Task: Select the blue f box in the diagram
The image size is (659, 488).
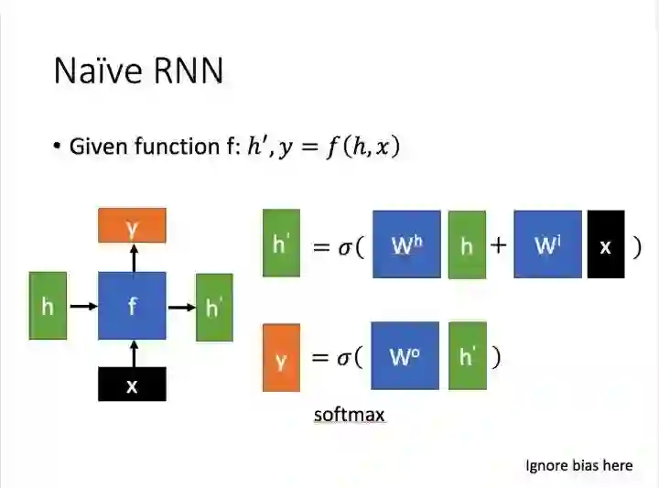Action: coord(132,306)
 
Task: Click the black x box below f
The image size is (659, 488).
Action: coord(132,385)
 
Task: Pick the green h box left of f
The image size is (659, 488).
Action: coord(48,306)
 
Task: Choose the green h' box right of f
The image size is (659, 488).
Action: coord(214,306)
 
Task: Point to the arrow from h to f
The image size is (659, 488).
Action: coord(83,307)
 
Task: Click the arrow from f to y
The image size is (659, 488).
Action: coord(133,257)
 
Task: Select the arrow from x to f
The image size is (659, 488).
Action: coord(133,353)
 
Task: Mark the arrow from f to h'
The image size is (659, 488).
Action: coord(181,307)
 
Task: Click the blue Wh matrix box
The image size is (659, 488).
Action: coord(406,244)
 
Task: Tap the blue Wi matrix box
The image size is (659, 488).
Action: coord(547,244)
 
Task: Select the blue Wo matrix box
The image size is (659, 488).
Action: coord(405,356)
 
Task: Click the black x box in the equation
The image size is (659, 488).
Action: coord(605,244)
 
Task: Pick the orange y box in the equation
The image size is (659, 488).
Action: coord(281,358)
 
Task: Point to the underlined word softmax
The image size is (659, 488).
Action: coord(349,415)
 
